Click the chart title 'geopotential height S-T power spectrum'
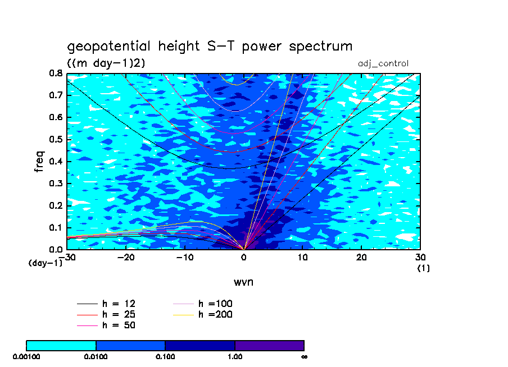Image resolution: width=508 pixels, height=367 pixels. coord(210,47)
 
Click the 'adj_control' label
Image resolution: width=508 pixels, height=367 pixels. coord(383,63)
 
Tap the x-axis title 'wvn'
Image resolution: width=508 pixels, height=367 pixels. coord(243,282)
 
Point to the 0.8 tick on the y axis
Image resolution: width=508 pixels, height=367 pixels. coord(55,74)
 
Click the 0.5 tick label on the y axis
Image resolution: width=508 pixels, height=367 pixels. coord(55,139)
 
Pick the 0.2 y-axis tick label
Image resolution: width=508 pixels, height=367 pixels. coord(55,205)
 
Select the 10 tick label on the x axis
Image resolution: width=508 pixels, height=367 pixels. coord(302,257)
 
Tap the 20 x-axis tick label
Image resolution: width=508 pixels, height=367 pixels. coord(361,257)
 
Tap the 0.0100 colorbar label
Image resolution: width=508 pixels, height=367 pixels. coord(96,356)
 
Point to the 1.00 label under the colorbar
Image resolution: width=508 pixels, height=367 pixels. coord(235,356)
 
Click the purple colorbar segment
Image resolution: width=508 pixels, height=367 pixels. coord(269,345)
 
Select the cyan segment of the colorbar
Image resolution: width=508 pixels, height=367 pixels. coord(61,345)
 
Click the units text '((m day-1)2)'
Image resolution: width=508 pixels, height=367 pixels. coord(106,63)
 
